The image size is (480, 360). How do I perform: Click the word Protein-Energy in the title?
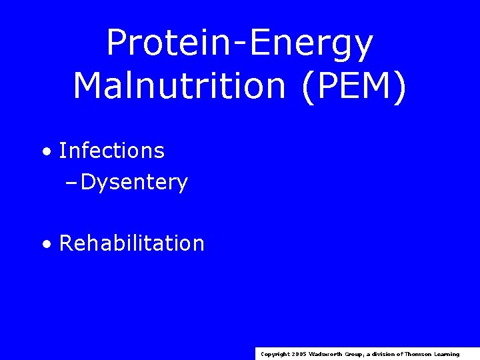(x=239, y=44)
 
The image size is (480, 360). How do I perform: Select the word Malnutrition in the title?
(x=181, y=86)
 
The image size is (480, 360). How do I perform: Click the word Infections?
(x=111, y=151)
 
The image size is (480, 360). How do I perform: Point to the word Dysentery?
(x=134, y=182)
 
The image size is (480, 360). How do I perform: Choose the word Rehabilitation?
(x=131, y=243)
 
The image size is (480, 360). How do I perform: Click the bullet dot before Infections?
(x=45, y=152)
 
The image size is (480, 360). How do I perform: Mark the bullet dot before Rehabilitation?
(x=45, y=244)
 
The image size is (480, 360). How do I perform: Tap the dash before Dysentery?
(x=73, y=183)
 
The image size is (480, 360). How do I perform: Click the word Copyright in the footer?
(x=274, y=354)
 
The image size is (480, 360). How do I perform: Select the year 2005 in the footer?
(x=298, y=354)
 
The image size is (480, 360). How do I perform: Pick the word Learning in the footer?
(x=447, y=354)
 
